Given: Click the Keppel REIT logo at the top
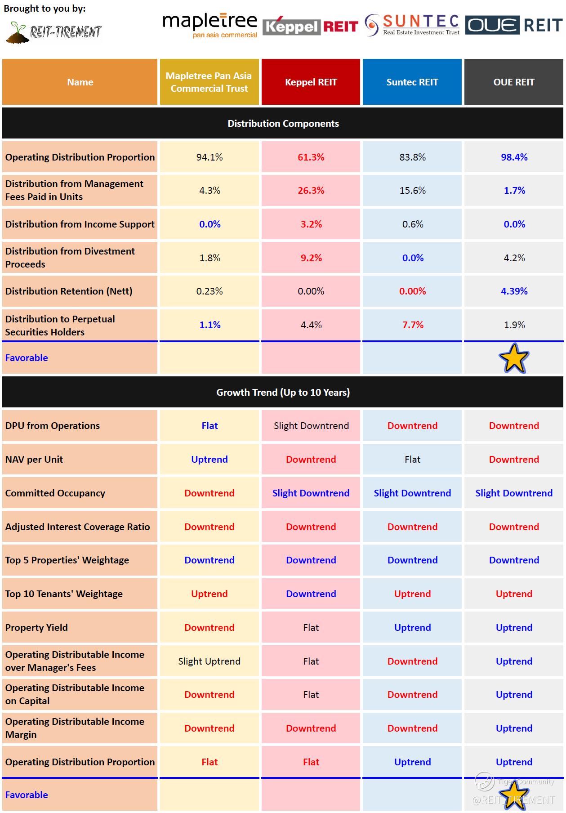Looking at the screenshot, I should point(310,27).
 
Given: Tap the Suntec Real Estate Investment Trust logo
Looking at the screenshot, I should point(412,25).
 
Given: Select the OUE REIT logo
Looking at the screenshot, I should point(513,25).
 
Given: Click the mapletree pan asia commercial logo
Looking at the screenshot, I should point(209,26).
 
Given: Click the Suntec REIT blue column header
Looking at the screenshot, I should point(412,82).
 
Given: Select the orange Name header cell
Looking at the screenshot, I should point(80,82).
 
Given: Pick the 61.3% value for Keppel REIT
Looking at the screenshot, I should point(311,157).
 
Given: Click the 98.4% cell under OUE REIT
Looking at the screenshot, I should point(514,157).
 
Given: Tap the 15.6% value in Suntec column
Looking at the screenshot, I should point(412,191).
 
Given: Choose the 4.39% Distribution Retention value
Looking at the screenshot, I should point(514,291).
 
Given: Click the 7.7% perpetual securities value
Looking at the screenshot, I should point(412,325).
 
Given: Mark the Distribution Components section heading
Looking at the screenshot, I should point(283,123).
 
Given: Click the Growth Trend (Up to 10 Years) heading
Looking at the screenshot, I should point(283,392).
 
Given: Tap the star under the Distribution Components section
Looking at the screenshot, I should point(513,358).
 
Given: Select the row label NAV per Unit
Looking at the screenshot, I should point(34,459).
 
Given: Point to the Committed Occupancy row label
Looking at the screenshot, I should point(55,493).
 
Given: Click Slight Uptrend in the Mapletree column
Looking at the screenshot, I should point(209,661).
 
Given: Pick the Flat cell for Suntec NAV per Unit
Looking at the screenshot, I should point(412,459).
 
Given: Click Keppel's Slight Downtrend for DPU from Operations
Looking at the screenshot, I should point(311,425).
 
